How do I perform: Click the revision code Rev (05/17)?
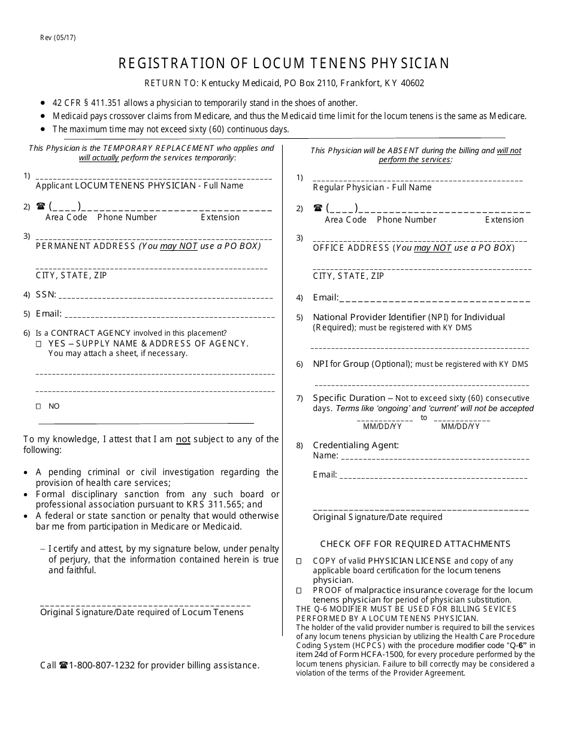coord(58,37)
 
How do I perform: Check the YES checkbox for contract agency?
coord(39,344)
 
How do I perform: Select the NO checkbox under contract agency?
coord(39,406)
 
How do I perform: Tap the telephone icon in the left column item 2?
coord(41,206)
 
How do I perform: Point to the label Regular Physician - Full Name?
coord(372,187)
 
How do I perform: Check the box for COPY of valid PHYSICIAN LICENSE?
coord(299,561)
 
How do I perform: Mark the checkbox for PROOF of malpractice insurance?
coord(299,591)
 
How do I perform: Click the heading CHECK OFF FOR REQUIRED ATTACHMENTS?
coord(415,544)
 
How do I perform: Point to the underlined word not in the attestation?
coord(183,439)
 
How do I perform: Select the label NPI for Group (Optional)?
coord(362,364)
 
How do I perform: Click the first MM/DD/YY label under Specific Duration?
coord(382,427)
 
